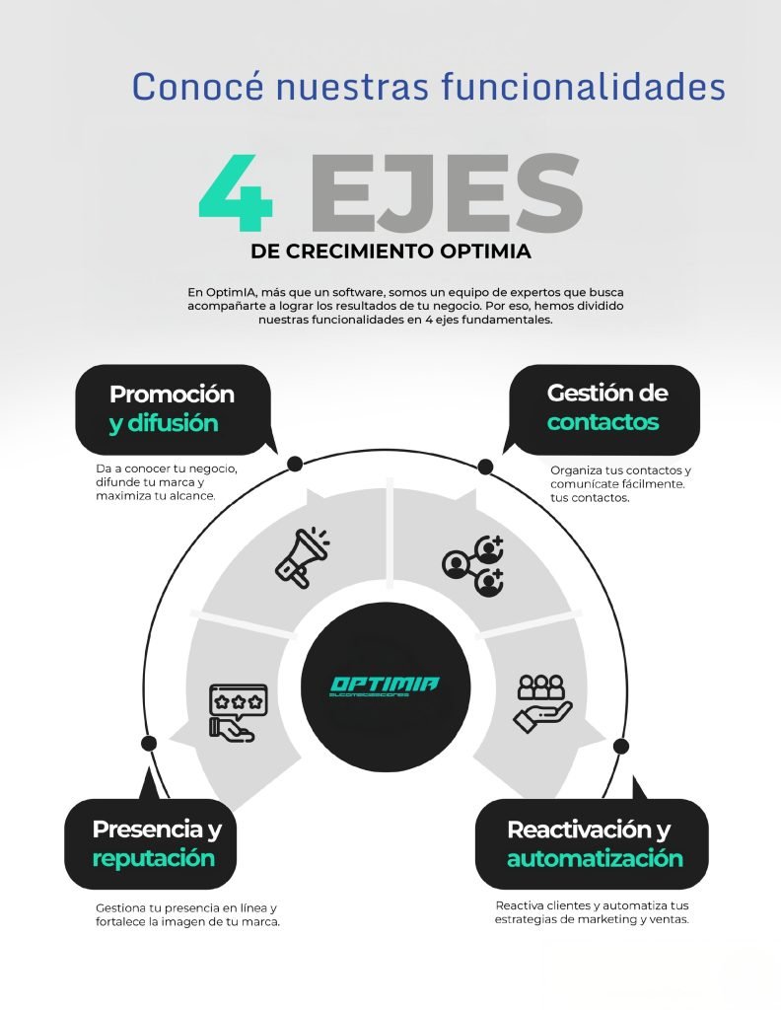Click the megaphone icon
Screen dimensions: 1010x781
point(302,557)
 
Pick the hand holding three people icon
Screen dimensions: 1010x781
point(541,702)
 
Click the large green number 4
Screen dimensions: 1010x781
point(236,192)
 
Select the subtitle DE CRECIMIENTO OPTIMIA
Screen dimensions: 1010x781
point(390,252)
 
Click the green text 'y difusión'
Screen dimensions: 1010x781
point(164,424)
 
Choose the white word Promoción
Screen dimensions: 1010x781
point(172,394)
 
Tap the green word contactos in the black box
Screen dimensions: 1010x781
point(603,422)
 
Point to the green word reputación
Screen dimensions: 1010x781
point(153,857)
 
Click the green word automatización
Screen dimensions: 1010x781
point(595,857)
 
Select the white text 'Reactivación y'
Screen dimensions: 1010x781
point(589,829)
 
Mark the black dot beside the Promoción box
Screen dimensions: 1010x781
point(294,464)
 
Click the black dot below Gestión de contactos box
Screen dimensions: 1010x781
point(485,465)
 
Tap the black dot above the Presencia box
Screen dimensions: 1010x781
point(149,743)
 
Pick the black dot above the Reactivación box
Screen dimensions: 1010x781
point(620,744)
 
